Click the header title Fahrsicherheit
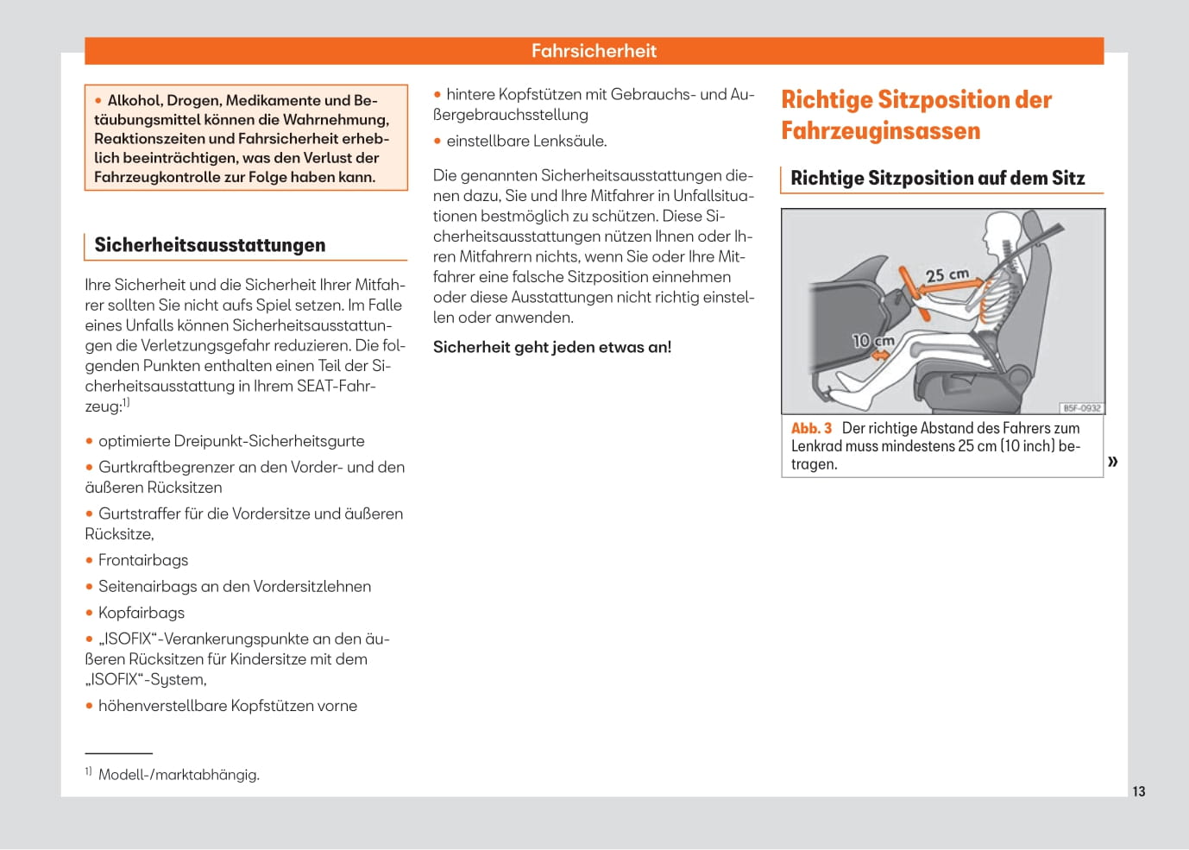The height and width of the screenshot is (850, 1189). pyautogui.click(x=594, y=51)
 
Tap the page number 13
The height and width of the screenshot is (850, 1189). pyautogui.click(x=1139, y=791)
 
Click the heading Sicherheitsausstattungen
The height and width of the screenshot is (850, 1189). pyautogui.click(x=210, y=245)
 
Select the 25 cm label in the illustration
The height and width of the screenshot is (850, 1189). pyautogui.click(x=947, y=275)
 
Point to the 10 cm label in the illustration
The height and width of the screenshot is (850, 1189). pyautogui.click(x=872, y=341)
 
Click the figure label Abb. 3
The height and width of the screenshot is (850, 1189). pyautogui.click(x=811, y=428)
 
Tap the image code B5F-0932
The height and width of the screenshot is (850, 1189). pyautogui.click(x=1081, y=408)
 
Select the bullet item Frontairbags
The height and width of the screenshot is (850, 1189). pyautogui.click(x=143, y=560)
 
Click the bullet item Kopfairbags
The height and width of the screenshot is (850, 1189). pyautogui.click(x=142, y=613)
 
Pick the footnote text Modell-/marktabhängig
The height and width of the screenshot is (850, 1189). pyautogui.click(x=179, y=775)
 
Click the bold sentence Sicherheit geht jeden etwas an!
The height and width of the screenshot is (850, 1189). pyautogui.click(x=552, y=347)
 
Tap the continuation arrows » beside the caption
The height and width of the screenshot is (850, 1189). pyautogui.click(x=1113, y=461)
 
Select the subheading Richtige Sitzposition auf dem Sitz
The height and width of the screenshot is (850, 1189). pyautogui.click(x=937, y=178)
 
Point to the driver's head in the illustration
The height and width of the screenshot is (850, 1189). pyautogui.click(x=1001, y=230)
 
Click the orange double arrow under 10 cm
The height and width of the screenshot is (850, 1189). pyautogui.click(x=881, y=355)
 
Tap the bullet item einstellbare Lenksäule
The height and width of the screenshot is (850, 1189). pyautogui.click(x=526, y=141)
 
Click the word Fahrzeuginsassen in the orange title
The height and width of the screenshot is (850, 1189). pyautogui.click(x=880, y=131)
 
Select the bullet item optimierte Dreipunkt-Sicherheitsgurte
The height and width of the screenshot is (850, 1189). pyautogui.click(x=231, y=441)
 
